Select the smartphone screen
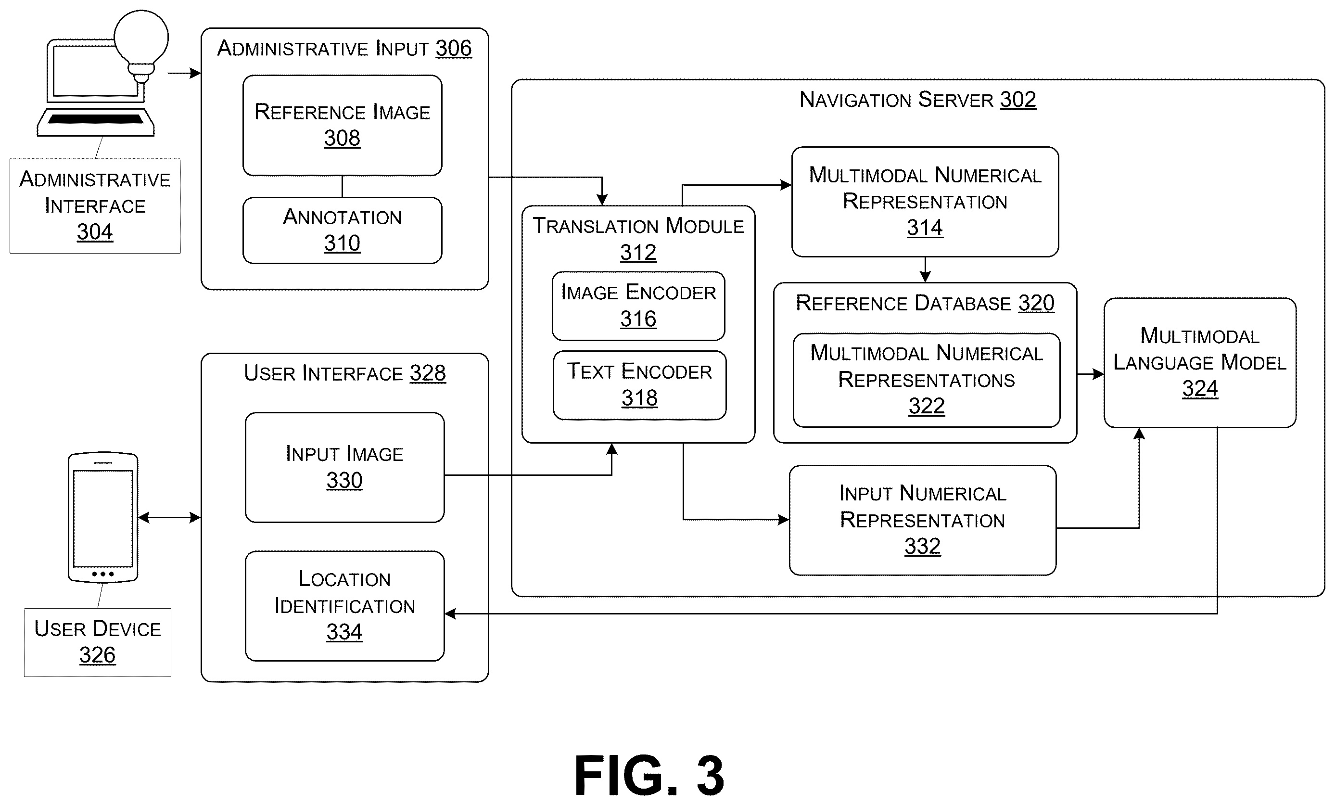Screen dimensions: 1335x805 point(103,518)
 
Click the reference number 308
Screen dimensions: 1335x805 point(342,138)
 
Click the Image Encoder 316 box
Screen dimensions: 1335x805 point(638,306)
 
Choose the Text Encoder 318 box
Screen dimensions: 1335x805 point(639,385)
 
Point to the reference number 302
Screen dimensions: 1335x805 point(1018,100)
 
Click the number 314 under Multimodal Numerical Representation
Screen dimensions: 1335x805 point(925,228)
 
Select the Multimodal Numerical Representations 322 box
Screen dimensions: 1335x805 point(927,380)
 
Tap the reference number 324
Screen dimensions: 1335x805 point(1200,389)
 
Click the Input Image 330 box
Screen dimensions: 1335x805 point(344,468)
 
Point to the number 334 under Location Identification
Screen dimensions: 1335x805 point(344,632)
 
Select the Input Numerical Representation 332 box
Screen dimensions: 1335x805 point(923,520)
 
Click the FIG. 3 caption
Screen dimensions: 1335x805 point(649,775)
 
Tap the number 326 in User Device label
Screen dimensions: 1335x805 point(98,655)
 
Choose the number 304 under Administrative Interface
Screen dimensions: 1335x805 point(95,232)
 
